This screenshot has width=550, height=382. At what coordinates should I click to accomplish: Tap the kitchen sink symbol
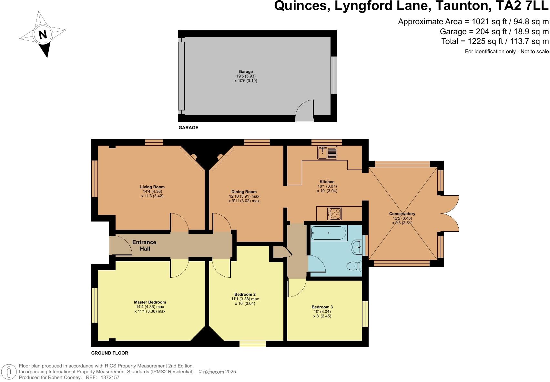point(327,152)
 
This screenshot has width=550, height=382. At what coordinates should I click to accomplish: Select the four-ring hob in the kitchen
point(334,213)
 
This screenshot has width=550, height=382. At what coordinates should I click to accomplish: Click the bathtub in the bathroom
point(329,232)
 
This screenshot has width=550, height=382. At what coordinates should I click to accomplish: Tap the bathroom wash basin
point(357,247)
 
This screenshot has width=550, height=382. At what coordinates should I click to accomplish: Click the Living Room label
point(152,187)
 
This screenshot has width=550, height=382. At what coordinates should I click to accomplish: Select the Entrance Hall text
point(144,245)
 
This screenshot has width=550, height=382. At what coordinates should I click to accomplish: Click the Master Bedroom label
point(150,302)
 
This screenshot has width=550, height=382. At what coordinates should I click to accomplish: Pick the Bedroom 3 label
point(322,307)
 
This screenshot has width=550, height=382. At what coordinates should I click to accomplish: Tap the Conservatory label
point(402,214)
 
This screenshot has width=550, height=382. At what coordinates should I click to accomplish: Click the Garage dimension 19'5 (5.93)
point(246,76)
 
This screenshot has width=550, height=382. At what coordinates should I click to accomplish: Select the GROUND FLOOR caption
point(110,353)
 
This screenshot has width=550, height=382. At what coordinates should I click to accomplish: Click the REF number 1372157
point(110,377)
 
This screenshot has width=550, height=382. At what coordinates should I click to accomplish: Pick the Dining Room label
point(244,191)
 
